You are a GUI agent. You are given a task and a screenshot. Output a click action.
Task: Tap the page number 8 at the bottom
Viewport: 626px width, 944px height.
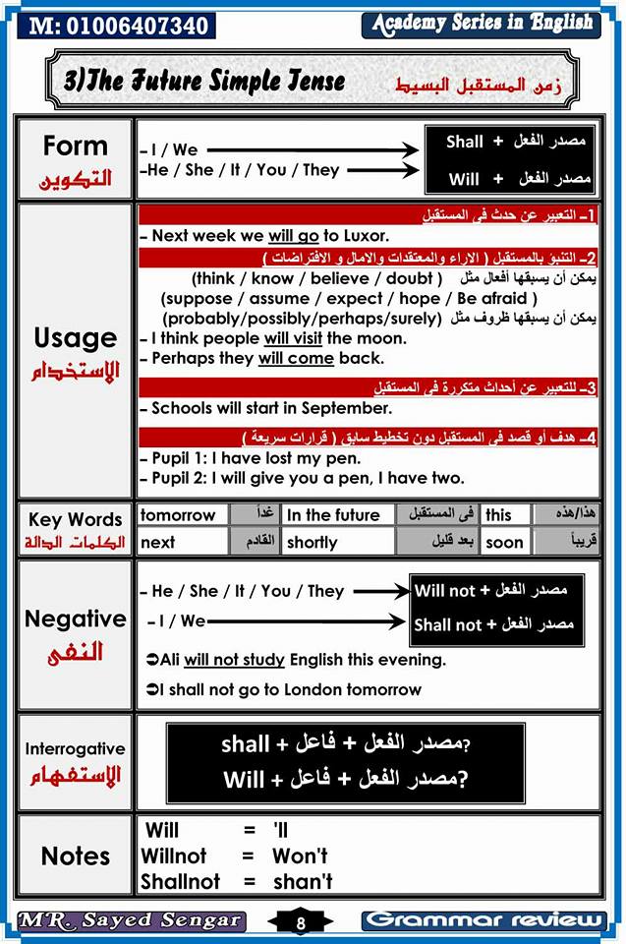(x=301, y=921)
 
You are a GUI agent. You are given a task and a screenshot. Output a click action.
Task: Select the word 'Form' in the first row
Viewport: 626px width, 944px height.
(x=75, y=146)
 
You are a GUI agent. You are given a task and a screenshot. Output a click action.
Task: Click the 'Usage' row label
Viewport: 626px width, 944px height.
(x=75, y=337)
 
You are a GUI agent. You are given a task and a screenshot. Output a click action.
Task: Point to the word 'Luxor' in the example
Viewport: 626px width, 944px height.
(x=364, y=236)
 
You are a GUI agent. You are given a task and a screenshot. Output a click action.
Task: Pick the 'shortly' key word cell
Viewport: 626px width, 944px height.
(x=313, y=542)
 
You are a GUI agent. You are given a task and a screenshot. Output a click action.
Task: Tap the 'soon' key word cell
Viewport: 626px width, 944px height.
(x=504, y=542)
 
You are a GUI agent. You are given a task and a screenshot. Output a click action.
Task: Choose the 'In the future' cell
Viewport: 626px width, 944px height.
(x=333, y=514)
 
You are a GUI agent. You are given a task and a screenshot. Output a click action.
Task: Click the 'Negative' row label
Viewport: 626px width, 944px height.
(x=75, y=619)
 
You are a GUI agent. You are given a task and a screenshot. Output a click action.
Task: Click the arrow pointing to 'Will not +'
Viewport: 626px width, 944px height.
(x=381, y=591)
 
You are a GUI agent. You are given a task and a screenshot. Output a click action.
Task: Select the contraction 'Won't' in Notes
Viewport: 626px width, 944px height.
(x=300, y=855)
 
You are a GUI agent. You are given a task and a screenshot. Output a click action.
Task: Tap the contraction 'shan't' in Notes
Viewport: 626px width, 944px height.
(x=303, y=882)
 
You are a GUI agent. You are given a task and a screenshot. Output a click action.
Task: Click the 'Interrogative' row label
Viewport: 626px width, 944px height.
(x=75, y=749)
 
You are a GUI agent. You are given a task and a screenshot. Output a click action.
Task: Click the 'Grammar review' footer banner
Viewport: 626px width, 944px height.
(x=483, y=920)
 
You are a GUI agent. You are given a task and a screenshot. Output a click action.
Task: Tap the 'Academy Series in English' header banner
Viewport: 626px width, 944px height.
(x=482, y=23)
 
